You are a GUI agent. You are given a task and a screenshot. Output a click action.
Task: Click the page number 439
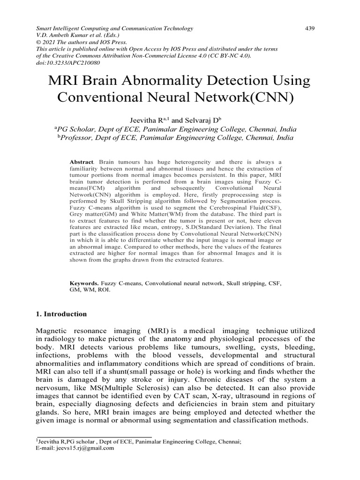[309, 29]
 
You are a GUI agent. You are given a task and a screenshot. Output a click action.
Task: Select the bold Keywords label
[84, 284]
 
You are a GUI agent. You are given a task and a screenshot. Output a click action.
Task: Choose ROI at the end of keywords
[114, 290]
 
